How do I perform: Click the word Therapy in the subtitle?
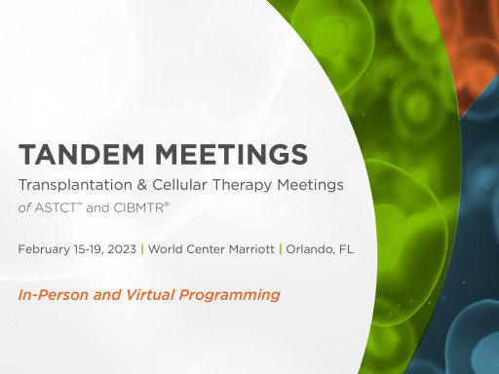[x=245, y=185]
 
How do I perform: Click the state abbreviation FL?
[x=345, y=249]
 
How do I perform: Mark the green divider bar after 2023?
[x=141, y=249]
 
